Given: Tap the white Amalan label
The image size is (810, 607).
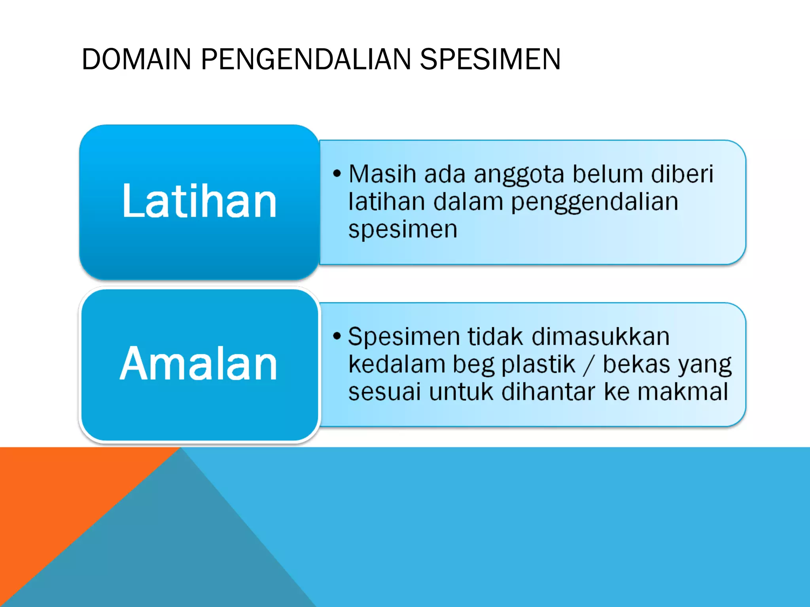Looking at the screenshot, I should tap(199, 364).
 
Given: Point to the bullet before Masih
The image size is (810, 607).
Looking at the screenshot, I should tap(337, 173).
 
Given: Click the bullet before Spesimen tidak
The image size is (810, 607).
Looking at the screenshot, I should tap(337, 336).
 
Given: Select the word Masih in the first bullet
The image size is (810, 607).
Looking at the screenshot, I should tap(382, 174).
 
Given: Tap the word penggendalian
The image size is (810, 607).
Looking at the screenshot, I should tap(594, 202).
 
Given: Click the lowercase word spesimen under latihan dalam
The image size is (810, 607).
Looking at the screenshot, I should tap(403, 230).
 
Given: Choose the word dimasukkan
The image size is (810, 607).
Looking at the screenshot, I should tap(600, 337).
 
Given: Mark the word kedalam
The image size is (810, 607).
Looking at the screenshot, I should tap(397, 364).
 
